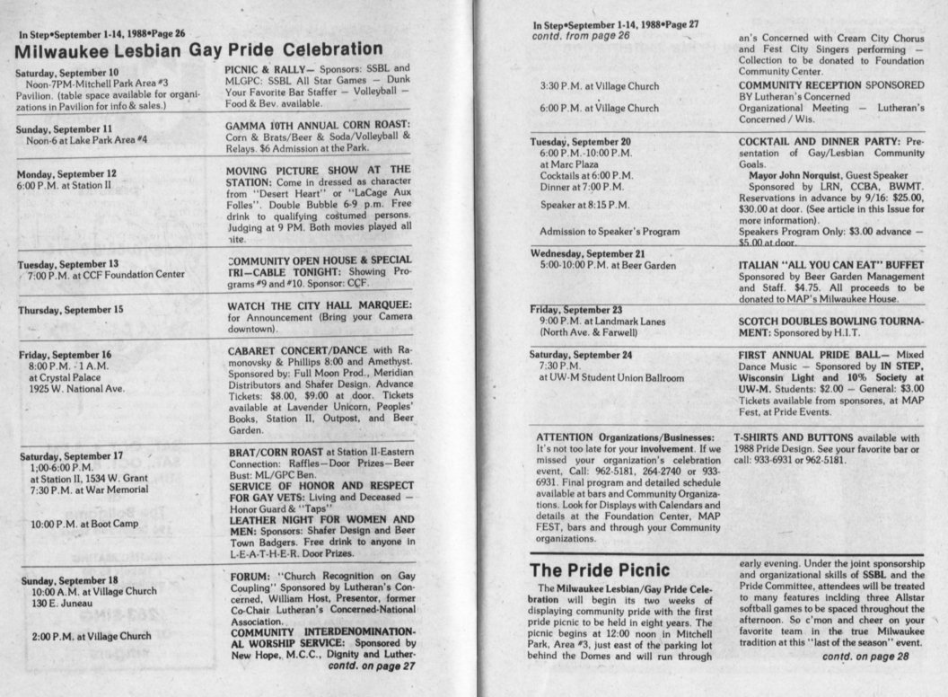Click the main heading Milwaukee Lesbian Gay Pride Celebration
point(198,49)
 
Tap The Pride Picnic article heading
point(600,569)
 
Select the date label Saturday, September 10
point(68,71)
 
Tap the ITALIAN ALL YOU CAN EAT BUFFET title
point(830,265)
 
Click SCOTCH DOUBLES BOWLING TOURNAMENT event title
point(831,325)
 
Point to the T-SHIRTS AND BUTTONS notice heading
point(794,437)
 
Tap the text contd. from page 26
point(581,36)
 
